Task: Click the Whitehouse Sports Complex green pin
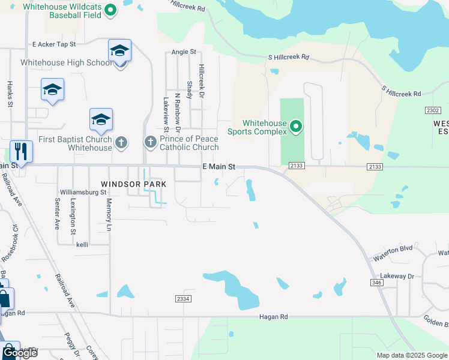point(295,127)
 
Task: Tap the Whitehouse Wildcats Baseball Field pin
point(110,10)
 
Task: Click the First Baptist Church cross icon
point(121,142)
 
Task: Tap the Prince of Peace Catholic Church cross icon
point(151,142)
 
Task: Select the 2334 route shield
point(184,299)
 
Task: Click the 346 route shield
point(377,281)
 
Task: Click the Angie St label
point(184,52)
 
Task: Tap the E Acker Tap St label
point(55,44)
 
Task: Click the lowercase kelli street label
point(82,245)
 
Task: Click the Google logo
point(19,353)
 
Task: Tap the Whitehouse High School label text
point(67,62)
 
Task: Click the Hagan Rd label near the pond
point(274,317)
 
